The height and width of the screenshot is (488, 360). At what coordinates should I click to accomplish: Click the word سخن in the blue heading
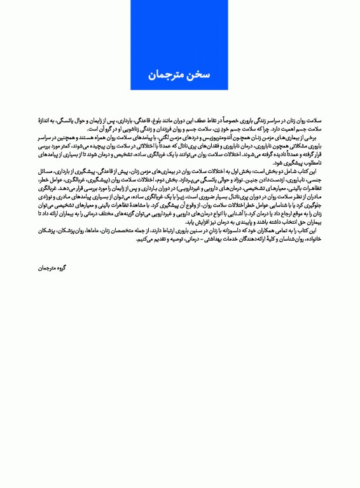[x=194, y=75]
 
